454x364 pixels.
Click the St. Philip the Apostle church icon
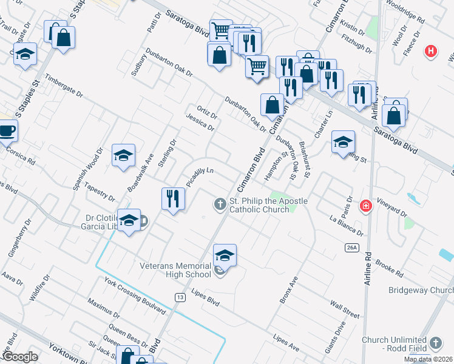click(220, 204)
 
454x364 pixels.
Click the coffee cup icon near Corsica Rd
click(7, 130)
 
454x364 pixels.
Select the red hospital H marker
click(431, 52)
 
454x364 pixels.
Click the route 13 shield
click(180, 297)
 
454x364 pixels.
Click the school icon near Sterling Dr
click(123, 155)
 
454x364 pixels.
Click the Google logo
click(19, 357)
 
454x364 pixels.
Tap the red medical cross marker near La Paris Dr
click(365, 206)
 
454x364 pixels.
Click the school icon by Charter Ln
click(343, 142)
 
